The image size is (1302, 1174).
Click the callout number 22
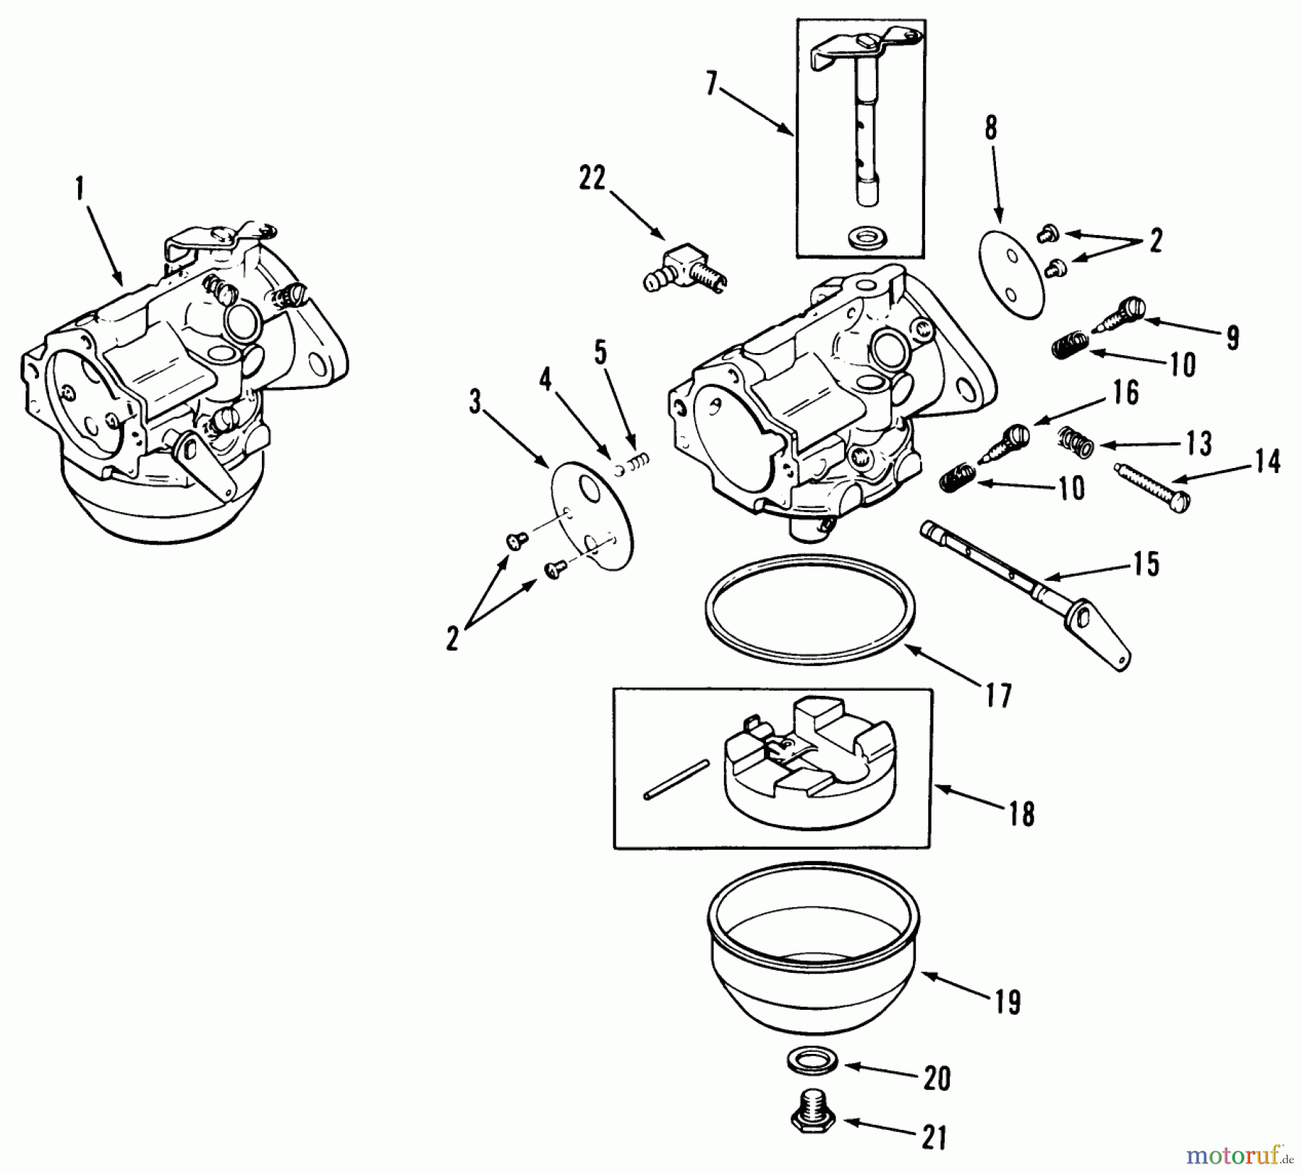pyautogui.click(x=591, y=178)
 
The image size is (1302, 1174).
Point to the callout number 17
pyautogui.click(x=997, y=696)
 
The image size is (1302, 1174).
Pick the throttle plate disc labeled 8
pyautogui.click(x=1012, y=274)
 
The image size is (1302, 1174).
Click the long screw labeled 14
pyautogui.click(x=1151, y=488)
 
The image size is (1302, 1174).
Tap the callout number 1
pyautogui.click(x=80, y=190)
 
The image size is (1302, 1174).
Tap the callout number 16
pyautogui.click(x=1125, y=393)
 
